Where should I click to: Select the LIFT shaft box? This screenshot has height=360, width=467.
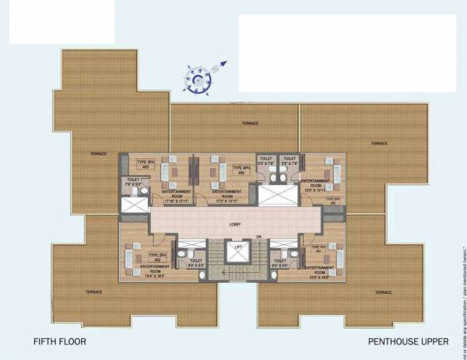pyautogui.click(x=234, y=253)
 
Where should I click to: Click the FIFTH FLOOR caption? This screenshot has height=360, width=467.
pyautogui.click(x=59, y=341)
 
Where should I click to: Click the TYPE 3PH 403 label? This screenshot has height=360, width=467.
pyautogui.click(x=143, y=164)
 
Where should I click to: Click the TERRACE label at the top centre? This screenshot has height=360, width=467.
pyautogui.click(x=250, y=123)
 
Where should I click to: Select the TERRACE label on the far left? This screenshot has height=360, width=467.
pyautogui.click(x=98, y=153)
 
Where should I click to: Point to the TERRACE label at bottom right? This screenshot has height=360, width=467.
pyautogui.click(x=381, y=292)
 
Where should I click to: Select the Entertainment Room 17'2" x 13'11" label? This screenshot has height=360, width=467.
pyautogui.click(x=226, y=194)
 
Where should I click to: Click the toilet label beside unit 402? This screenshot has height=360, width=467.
pyautogui.click(x=195, y=264)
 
